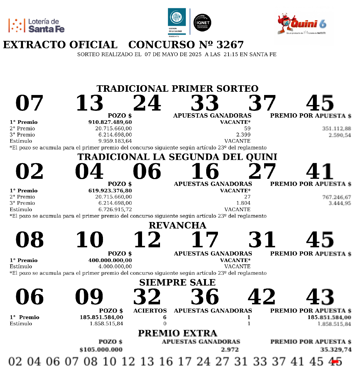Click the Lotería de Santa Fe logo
pyautogui.click(x=36, y=26)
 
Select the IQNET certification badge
pyautogui.click(x=202, y=23)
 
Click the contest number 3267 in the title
pyautogui.click(x=230, y=45)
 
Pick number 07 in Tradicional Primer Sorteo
pyautogui.click(x=29, y=103)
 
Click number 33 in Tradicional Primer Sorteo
pyautogui.click(x=205, y=103)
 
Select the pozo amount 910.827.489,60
pyautogui.click(x=110, y=122)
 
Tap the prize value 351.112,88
pyautogui.click(x=336, y=129)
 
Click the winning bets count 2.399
pyautogui.click(x=243, y=135)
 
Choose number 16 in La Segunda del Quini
pyautogui.click(x=205, y=171)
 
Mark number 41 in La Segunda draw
pyautogui.click(x=320, y=171)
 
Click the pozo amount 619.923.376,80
pyautogui.click(x=110, y=191)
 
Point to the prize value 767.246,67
pyautogui.click(x=336, y=197)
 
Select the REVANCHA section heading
pyautogui.click(x=177, y=225)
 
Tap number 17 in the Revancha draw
pyautogui.click(x=205, y=240)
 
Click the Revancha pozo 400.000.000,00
pyautogui.click(x=110, y=260)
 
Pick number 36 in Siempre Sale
pyautogui.click(x=205, y=297)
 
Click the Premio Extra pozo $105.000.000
pyautogui.click(x=101, y=350)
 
